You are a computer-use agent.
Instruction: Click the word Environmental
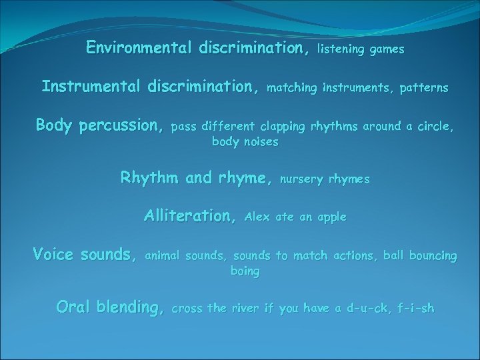(139, 48)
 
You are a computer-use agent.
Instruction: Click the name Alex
(258, 217)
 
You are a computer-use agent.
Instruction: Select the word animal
(163, 255)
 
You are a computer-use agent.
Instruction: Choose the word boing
(245, 271)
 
